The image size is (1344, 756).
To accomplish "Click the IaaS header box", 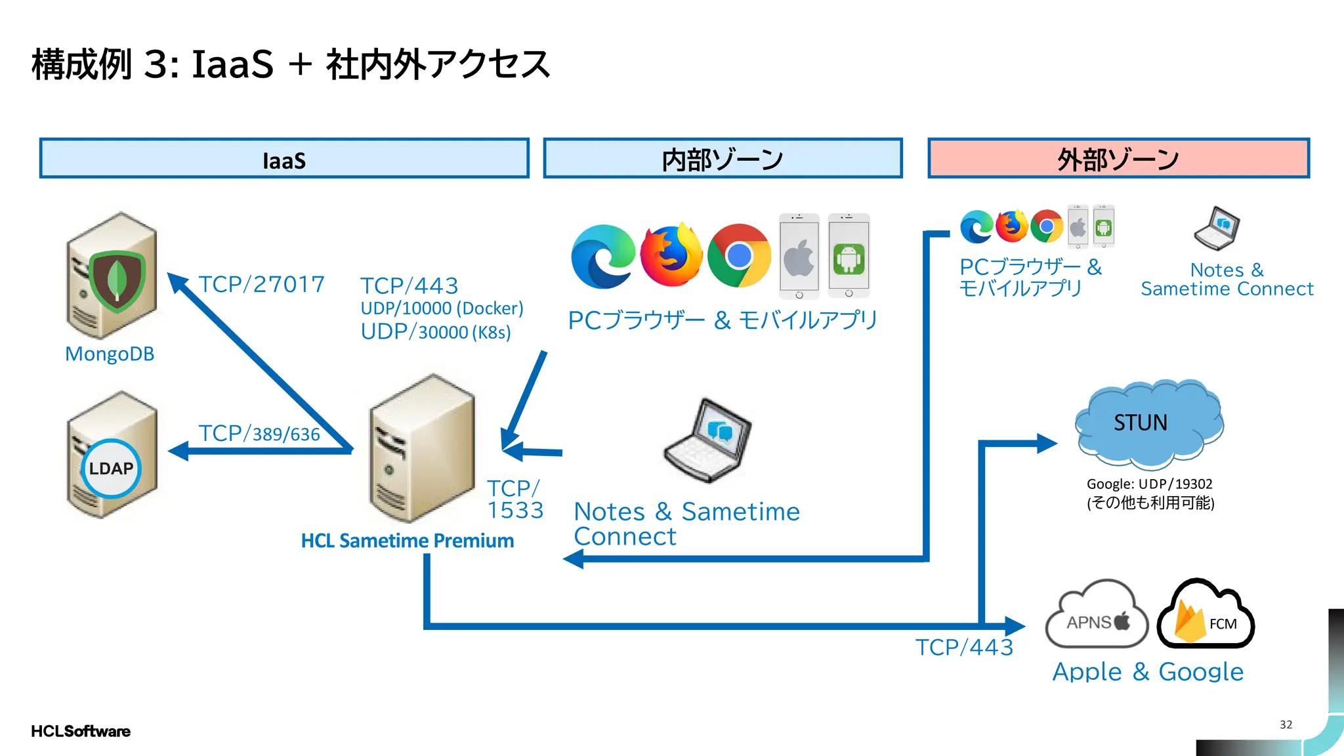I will tap(283, 158).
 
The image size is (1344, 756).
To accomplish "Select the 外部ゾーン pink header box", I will tap(1118, 158).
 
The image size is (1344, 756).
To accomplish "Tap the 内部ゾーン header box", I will tap(723, 158).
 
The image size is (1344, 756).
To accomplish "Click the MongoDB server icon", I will tap(112, 276).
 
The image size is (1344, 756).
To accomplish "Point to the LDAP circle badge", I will tap(111, 469).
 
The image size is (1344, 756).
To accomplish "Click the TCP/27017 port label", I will tap(261, 284).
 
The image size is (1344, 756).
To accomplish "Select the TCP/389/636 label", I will tap(259, 433).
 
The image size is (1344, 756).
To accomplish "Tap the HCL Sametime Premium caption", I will tap(407, 541).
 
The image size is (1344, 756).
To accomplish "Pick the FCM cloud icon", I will tap(1206, 616).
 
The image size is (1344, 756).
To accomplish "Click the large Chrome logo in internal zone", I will tap(739, 256).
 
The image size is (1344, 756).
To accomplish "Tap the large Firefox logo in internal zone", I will tap(671, 256).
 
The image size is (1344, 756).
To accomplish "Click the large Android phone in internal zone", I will tap(849, 256).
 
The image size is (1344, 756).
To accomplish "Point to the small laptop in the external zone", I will tap(1217, 228).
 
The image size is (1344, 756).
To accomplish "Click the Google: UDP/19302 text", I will tap(1149, 484).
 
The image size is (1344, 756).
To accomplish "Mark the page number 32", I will tap(1286, 724).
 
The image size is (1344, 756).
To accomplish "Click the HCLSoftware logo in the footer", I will tap(80, 731).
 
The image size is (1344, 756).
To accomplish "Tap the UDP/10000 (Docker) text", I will tap(442, 308).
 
